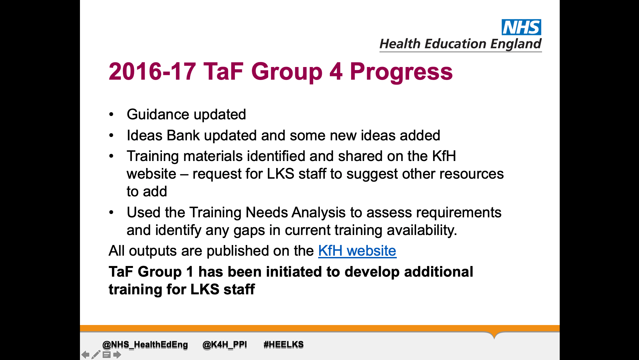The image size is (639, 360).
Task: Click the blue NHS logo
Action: pyautogui.click(x=521, y=27)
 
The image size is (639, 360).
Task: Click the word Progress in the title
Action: pyautogui.click(x=401, y=72)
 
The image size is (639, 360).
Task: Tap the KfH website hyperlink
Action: pyautogui.click(x=357, y=251)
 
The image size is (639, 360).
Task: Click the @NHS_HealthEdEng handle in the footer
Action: pyautogui.click(x=145, y=344)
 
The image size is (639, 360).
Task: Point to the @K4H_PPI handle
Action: pyautogui.click(x=225, y=344)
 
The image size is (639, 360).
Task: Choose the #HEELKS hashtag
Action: pyautogui.click(x=284, y=344)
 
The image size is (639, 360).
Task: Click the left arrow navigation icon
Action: pyautogui.click(x=86, y=355)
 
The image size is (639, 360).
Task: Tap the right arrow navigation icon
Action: pyautogui.click(x=117, y=355)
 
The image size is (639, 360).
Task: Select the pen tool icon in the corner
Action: pyautogui.click(x=96, y=355)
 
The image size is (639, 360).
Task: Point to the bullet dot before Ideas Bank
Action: pyautogui.click(x=111, y=136)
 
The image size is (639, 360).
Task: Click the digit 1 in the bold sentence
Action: pyautogui.click(x=190, y=272)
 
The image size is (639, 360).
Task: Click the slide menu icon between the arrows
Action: pyautogui.click(x=107, y=355)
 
